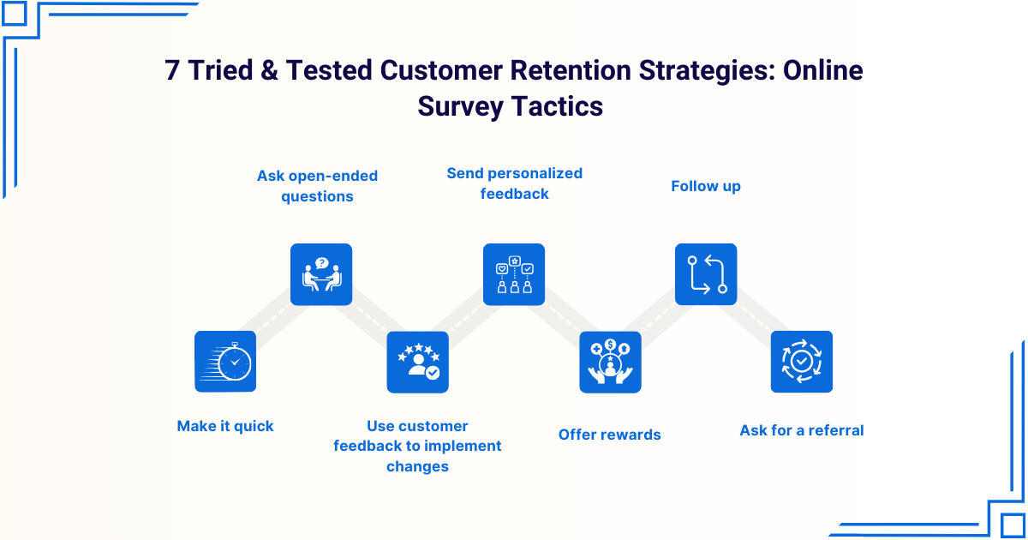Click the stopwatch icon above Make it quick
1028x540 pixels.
pos(225,362)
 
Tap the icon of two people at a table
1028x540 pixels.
pos(321,274)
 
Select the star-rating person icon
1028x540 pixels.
pos(417,362)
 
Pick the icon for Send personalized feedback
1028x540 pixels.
pos(514,274)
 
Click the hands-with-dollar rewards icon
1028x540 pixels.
pos(610,362)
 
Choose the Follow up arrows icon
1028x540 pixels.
pos(706,274)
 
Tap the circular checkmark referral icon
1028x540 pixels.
pos(802,362)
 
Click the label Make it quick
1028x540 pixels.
pos(225,426)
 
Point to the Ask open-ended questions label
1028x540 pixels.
pos(317,186)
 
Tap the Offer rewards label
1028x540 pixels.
pos(610,435)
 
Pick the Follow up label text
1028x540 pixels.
pos(706,186)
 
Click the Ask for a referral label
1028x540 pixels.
pos(802,430)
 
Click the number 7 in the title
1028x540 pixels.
pos(173,70)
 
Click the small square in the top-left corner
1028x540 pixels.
pos(15,14)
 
